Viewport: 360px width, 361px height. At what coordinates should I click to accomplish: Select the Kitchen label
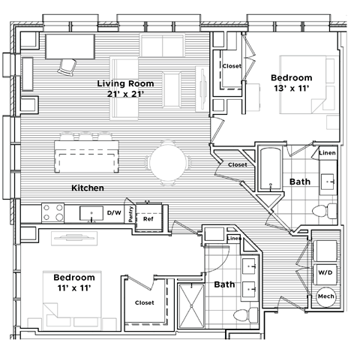[x=87, y=187]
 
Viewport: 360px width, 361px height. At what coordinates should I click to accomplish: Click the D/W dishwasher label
[x=114, y=213]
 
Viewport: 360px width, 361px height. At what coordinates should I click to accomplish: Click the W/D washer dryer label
[x=326, y=272]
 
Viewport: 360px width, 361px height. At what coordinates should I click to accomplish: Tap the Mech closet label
[x=326, y=296]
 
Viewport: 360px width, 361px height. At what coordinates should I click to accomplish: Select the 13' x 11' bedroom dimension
[x=290, y=89]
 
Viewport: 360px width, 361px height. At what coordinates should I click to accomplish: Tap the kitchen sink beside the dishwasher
[x=91, y=213]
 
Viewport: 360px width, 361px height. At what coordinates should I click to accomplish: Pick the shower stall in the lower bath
[x=191, y=306]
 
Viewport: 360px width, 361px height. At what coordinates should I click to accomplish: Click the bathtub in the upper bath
[x=268, y=171]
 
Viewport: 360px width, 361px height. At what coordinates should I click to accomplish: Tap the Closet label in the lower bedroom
[x=145, y=303]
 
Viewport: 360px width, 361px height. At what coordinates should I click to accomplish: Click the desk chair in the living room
[x=67, y=65]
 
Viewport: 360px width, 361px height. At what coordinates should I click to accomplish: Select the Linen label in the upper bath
[x=327, y=153]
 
